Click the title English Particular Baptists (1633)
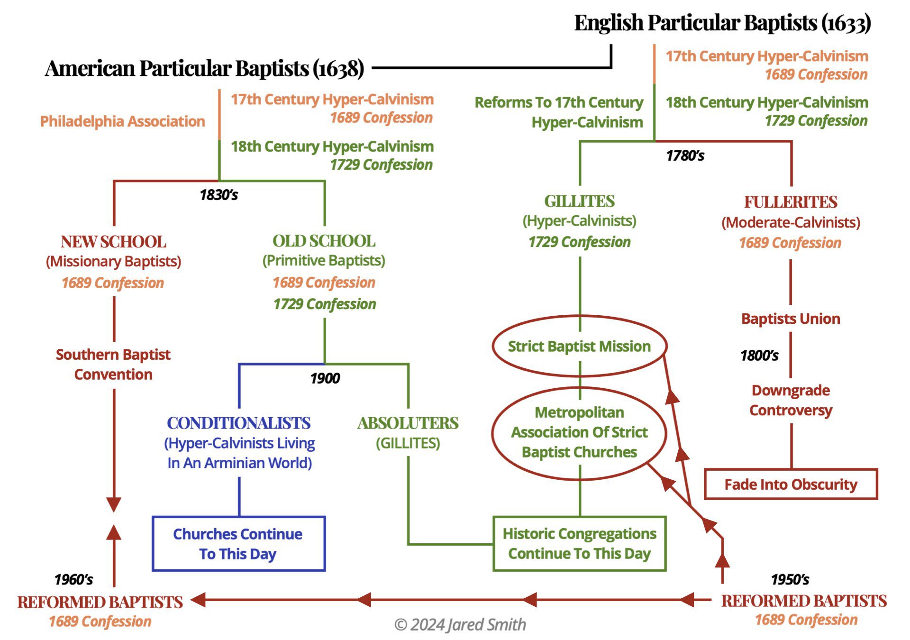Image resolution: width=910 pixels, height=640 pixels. coord(722,23)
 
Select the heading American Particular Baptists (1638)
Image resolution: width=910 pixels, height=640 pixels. coord(204,68)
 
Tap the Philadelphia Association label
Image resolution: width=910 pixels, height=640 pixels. coord(122,121)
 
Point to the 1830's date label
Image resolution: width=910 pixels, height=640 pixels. coord(218,195)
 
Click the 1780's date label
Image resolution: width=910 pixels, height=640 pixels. coord(685,155)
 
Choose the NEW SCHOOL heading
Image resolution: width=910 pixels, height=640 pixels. coord(113,242)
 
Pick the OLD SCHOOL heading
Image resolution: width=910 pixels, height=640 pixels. coord(324,241)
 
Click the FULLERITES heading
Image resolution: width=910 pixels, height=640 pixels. coord(790,202)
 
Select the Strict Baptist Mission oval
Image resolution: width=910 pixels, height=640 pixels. coord(579,346)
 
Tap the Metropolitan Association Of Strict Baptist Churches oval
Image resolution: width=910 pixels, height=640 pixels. coord(579,432)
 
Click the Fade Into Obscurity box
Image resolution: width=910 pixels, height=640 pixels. coord(791,484)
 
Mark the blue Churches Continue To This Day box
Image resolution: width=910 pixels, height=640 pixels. coord(238,544)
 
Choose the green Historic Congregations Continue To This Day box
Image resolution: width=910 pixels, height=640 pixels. coord(579,543)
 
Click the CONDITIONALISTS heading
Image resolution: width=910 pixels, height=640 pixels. coord(239,423)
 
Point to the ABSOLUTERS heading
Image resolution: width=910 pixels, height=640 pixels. coord(408,423)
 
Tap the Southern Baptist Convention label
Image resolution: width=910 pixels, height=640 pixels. coord(113,364)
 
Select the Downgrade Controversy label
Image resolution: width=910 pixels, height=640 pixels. coord(791,400)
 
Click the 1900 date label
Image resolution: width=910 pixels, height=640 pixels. coord(325,378)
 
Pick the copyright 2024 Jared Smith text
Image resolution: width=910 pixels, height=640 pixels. coord(460,625)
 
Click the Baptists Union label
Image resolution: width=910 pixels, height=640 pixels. coord(791,319)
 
